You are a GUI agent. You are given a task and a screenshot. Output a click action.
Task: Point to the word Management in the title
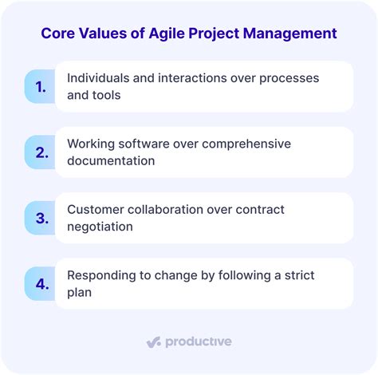290,34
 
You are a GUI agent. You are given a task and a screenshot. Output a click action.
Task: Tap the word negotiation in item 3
100,226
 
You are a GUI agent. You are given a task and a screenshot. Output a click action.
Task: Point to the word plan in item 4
80,291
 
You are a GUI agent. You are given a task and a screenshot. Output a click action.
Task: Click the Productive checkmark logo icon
154,341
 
